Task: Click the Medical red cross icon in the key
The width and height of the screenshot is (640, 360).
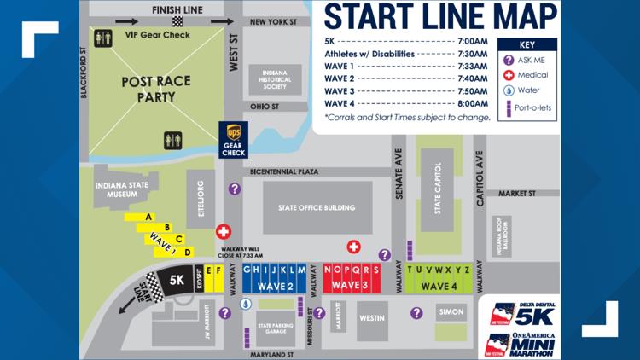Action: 509,75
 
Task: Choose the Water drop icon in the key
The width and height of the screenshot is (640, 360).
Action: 509,90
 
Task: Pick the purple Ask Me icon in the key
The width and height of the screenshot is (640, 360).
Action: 509,61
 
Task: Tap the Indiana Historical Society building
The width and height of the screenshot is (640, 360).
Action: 275,79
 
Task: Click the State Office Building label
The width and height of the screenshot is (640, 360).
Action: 317,207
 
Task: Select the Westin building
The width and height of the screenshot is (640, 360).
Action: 372,318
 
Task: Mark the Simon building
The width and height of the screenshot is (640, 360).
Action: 452,313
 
